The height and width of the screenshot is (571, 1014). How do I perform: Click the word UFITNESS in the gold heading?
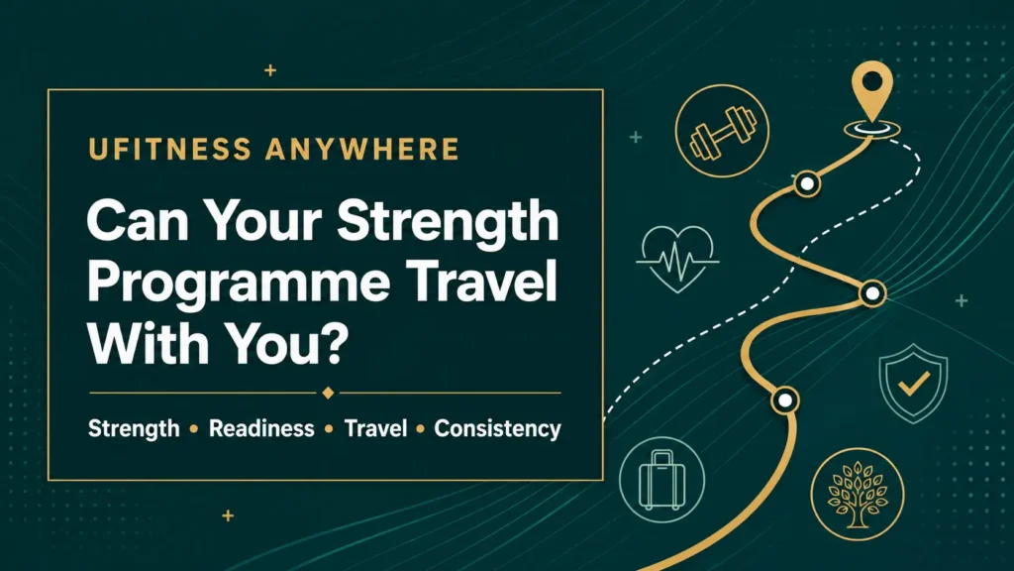coord(170,149)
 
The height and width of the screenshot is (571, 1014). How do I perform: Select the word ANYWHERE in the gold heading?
coord(362,149)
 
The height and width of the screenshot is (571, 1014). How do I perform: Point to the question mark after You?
coord(335,343)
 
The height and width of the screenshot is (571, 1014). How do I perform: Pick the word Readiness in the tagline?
coord(261,428)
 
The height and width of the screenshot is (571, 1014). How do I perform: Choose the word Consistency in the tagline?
coord(497,429)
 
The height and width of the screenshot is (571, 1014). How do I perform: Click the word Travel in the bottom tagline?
coord(375,428)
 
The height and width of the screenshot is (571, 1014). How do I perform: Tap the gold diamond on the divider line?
coord(328,393)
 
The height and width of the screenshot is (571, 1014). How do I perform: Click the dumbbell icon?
coord(722,132)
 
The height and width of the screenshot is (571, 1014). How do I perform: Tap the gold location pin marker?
coord(872,92)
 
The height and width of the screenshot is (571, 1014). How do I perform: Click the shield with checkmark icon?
coord(913,384)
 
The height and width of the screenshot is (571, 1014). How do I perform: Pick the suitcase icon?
coord(661,480)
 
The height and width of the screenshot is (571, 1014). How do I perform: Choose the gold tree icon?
coord(858,495)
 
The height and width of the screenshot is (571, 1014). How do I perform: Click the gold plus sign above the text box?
coord(270,70)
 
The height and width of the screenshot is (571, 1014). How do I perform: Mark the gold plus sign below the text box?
coord(228,515)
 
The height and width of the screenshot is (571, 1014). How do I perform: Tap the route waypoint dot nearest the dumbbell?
coord(807,184)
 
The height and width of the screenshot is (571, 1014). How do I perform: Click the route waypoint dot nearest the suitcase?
coord(785,400)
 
